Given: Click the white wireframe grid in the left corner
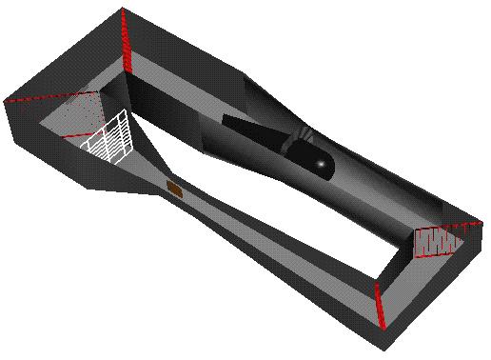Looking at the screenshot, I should (108, 139).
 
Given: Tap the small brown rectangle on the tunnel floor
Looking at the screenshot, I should (174, 188).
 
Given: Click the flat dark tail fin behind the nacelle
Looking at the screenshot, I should (252, 132).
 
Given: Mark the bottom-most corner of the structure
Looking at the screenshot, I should (383, 345).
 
